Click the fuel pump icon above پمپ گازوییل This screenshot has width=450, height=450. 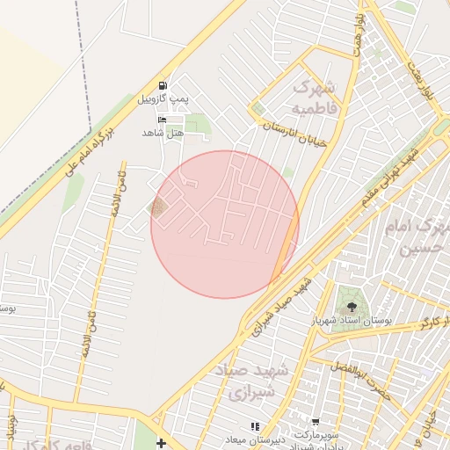pyautogui.click(x=163, y=85)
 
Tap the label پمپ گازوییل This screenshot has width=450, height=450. pyautogui.click(x=163, y=100)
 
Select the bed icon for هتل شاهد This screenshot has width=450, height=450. pyautogui.click(x=161, y=119)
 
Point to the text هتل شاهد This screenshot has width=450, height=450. pyautogui.click(x=162, y=133)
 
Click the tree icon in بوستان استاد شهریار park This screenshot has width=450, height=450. pyautogui.click(x=352, y=307)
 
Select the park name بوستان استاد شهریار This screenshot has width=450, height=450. pyautogui.click(x=354, y=322)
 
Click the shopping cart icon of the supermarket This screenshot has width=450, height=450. pyautogui.click(x=316, y=422)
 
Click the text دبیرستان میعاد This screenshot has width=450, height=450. pyautogui.click(x=256, y=440)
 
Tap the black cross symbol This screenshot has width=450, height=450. pyautogui.click(x=161, y=442)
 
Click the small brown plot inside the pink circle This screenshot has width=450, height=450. pyautogui.click(x=158, y=208)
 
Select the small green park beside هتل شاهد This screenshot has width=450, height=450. pyautogui.click(x=199, y=124)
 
